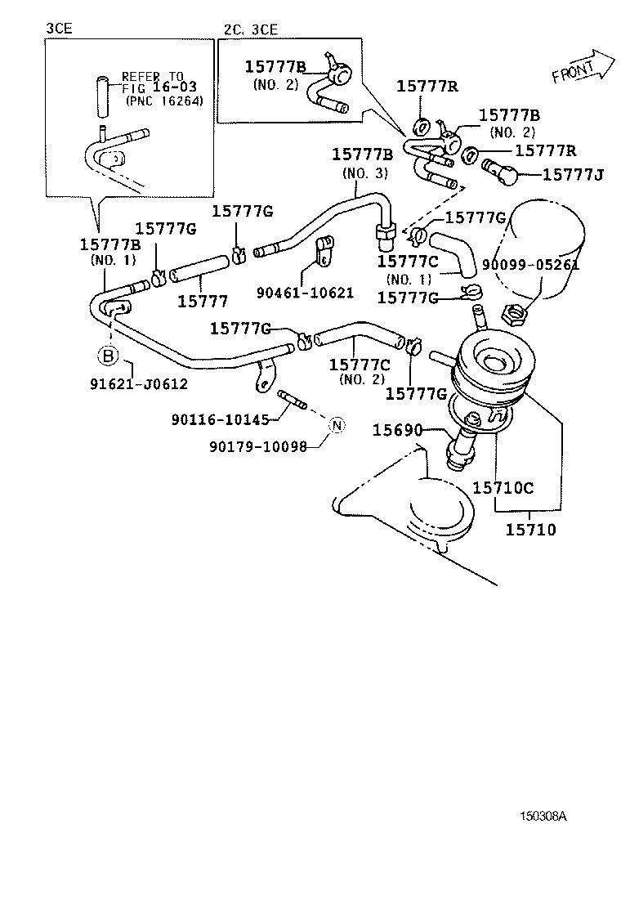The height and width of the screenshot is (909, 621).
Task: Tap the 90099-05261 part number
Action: pyautogui.click(x=530, y=265)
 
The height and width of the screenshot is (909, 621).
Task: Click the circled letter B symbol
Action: pyautogui.click(x=107, y=356)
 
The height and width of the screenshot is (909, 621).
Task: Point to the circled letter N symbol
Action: pyautogui.click(x=337, y=424)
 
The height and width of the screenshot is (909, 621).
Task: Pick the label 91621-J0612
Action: pyautogui.click(x=139, y=383)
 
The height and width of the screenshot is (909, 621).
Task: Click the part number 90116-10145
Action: pyautogui.click(x=221, y=419)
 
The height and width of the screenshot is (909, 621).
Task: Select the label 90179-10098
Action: pyautogui.click(x=257, y=446)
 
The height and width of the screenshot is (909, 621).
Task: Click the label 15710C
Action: pyautogui.click(x=503, y=488)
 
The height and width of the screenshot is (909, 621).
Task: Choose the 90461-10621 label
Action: pyautogui.click(x=304, y=293)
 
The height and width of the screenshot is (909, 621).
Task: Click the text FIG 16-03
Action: pyautogui.click(x=159, y=87)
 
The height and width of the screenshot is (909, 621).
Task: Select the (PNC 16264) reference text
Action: pyautogui.click(x=163, y=101)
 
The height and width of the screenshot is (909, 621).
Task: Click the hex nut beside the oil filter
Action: pyautogui.click(x=512, y=311)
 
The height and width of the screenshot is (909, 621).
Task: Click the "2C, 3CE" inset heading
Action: pyautogui.click(x=250, y=29)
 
